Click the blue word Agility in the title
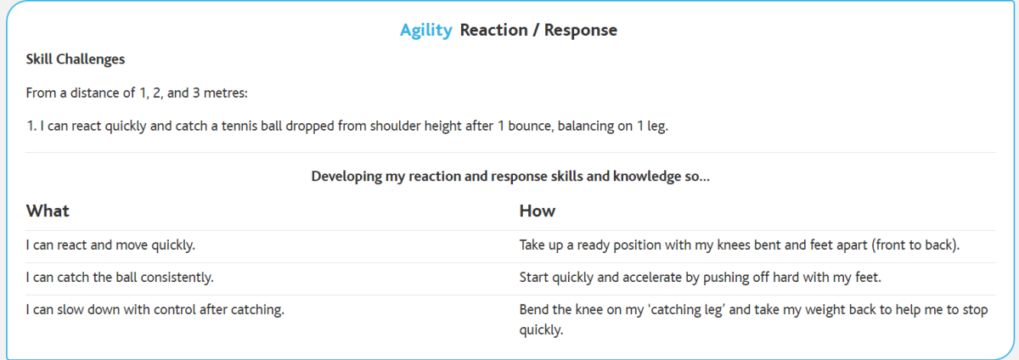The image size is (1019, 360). (426, 31)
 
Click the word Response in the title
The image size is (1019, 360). (581, 30)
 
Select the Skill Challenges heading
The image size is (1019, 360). (75, 59)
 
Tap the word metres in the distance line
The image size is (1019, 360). (225, 93)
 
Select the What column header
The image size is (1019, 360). (48, 211)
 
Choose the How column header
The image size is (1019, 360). (538, 211)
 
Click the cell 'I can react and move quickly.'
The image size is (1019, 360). (110, 245)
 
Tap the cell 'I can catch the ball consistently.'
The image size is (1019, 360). (120, 278)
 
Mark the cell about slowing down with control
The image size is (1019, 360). (155, 310)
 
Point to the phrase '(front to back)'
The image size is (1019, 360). (915, 245)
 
